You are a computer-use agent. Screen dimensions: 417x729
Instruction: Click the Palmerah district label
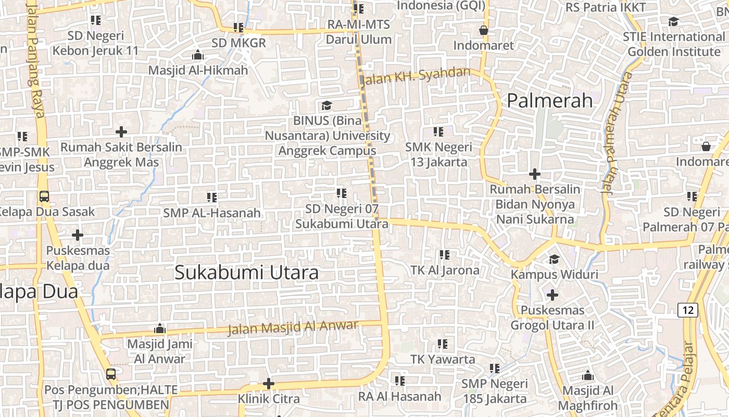550,101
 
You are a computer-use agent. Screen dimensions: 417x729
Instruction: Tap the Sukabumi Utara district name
246,273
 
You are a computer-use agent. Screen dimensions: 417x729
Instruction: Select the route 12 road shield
688,310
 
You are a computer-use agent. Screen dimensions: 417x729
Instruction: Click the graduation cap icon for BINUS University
326,106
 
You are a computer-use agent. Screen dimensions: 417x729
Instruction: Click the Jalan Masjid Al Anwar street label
293,327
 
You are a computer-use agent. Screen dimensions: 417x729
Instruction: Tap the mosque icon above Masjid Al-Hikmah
198,55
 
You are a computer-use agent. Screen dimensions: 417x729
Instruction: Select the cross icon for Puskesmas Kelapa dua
78,235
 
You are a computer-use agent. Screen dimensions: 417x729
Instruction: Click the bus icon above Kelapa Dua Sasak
44,197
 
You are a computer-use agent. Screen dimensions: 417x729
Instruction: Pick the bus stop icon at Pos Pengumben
111,374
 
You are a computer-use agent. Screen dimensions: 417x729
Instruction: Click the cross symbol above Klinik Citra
269,384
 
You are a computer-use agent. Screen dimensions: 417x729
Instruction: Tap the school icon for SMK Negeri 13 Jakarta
438,132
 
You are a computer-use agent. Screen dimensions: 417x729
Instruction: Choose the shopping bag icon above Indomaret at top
484,30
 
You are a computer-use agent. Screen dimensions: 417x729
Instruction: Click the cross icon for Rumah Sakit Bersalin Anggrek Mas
121,132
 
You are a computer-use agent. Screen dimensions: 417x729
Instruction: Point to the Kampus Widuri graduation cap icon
554,259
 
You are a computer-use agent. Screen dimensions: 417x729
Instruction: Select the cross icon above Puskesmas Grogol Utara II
552,295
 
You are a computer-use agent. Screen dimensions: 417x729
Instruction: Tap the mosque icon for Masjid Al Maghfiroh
588,375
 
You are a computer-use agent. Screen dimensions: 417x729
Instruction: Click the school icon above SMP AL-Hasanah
211,198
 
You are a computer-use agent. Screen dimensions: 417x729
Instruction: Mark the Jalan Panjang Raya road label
35,57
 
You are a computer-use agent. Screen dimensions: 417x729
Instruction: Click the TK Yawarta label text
443,359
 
